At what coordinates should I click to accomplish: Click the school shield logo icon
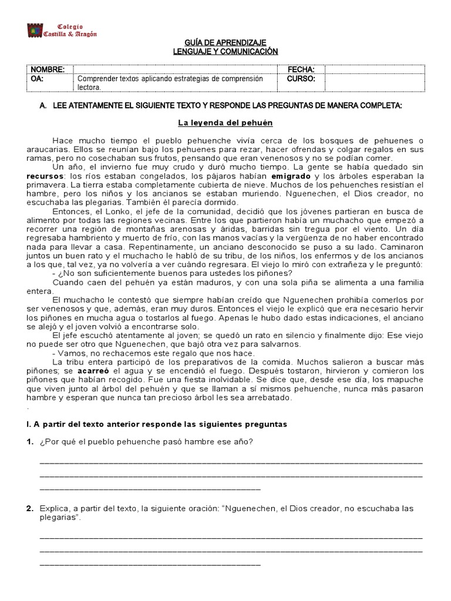pos(35,31)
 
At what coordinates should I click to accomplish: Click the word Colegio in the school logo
pos(70,27)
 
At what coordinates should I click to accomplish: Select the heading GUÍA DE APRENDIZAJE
pos(225,43)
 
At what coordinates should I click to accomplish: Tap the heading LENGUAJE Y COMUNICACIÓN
pos(225,52)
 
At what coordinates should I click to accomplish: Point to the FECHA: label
pos(301,69)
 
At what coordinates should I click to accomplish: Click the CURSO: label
pos(301,78)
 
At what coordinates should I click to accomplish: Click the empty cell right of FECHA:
pos(373,69)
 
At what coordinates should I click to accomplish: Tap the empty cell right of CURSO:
pos(373,82)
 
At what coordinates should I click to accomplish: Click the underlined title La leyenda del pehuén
pos(225,123)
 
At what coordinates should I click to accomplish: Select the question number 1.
pos(29,441)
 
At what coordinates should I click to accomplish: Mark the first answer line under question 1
pos(230,462)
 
